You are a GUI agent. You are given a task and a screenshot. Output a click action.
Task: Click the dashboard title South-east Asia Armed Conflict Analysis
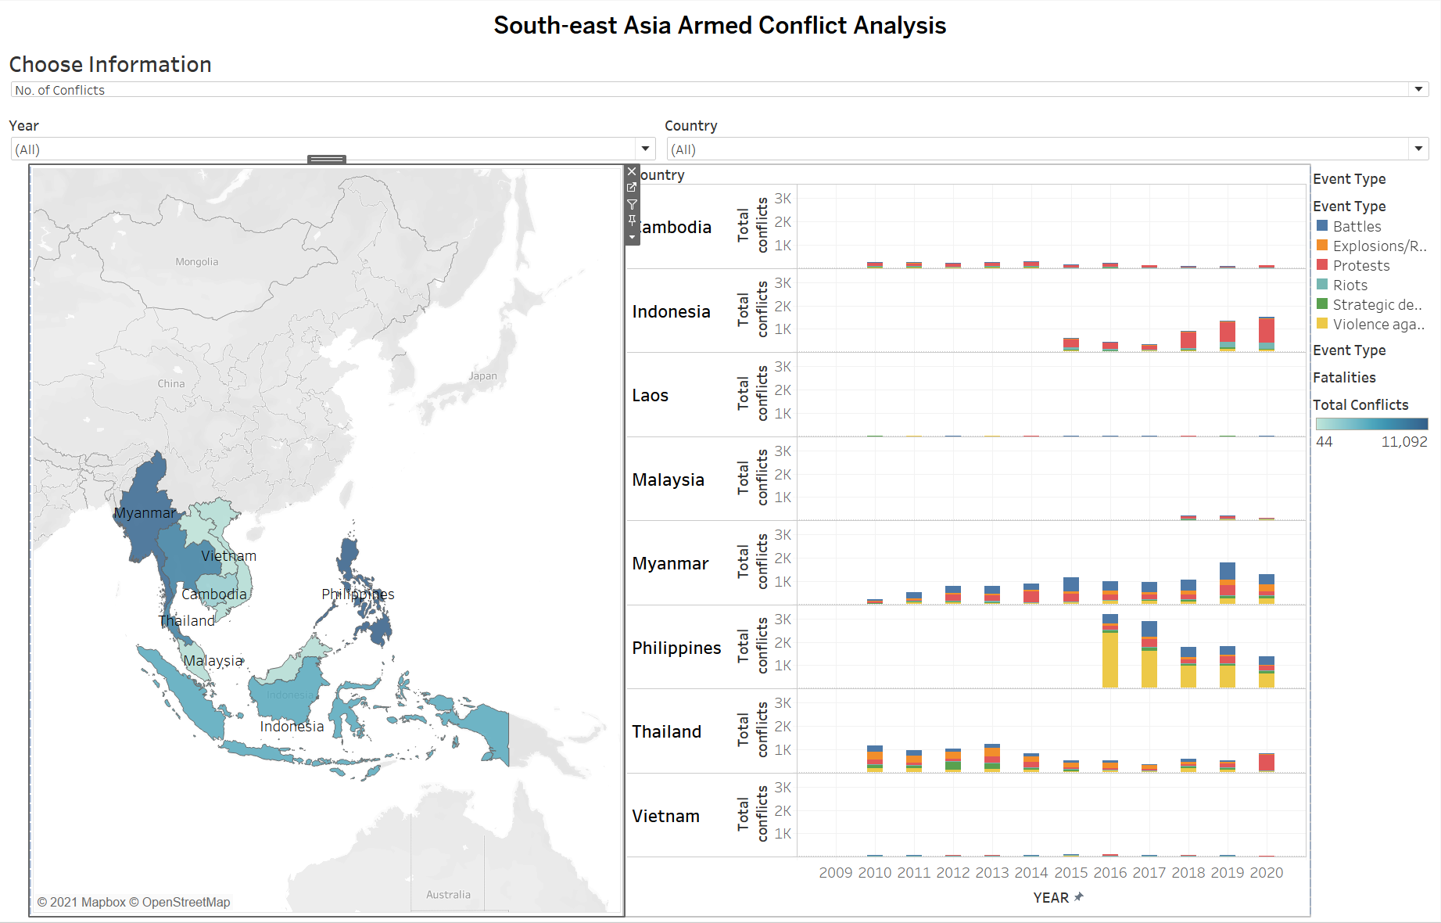click(719, 26)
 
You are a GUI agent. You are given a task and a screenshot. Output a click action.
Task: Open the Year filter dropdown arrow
click(645, 149)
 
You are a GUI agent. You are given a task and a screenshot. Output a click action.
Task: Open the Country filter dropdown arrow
click(1418, 149)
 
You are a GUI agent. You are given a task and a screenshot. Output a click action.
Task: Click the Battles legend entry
click(1357, 226)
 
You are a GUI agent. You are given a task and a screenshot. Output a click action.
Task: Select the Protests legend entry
click(1360, 266)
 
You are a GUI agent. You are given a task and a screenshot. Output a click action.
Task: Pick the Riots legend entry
click(1350, 286)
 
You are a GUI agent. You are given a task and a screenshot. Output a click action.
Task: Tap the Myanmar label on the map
click(145, 513)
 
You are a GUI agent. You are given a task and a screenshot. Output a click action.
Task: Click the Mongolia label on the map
click(197, 262)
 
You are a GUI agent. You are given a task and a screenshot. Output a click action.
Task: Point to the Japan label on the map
click(482, 376)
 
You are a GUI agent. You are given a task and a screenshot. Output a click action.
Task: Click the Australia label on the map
click(448, 895)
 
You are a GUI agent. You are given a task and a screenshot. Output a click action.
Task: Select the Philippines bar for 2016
click(1110, 653)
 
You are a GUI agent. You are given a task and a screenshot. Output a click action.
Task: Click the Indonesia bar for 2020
click(1267, 334)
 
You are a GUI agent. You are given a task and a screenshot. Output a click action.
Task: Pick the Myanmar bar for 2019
click(1228, 584)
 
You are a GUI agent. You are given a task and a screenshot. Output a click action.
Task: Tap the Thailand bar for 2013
click(992, 758)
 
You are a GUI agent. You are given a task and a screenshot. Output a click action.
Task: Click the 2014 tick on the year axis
click(1031, 873)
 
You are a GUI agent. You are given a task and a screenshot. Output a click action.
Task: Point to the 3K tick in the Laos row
click(783, 367)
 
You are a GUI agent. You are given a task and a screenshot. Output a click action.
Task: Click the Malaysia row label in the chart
click(668, 479)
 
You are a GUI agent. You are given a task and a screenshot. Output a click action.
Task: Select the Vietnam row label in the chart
click(665, 816)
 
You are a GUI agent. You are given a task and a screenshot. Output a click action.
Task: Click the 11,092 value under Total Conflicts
click(1404, 442)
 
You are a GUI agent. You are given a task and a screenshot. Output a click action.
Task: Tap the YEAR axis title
click(1051, 898)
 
